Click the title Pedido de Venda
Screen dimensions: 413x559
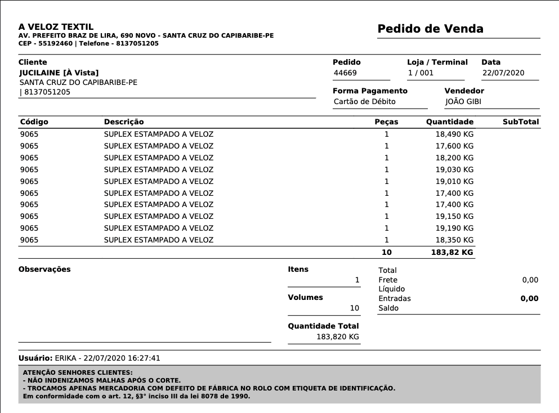point(430,29)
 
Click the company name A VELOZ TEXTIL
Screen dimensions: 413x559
point(56,26)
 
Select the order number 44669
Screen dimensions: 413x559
point(345,73)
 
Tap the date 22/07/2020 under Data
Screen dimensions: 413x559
point(503,73)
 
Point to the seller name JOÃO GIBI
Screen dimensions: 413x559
point(463,102)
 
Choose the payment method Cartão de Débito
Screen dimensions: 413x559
point(365,102)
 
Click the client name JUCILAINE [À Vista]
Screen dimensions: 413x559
point(59,73)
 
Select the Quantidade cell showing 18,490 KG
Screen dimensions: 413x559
point(454,134)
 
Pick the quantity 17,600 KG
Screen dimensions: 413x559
point(454,146)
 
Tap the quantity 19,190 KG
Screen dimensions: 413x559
point(454,228)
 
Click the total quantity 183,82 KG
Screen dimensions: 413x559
point(452,253)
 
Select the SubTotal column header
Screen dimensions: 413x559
point(521,122)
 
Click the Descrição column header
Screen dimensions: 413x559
point(124,122)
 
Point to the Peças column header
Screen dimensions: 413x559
point(386,122)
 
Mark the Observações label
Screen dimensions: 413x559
point(44,269)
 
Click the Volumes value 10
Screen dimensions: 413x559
point(354,308)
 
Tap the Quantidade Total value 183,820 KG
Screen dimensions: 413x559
point(338,336)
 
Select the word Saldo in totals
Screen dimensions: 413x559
point(388,308)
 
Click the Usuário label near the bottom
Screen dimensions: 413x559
point(35,358)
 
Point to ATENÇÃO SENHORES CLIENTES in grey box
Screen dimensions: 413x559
point(78,372)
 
